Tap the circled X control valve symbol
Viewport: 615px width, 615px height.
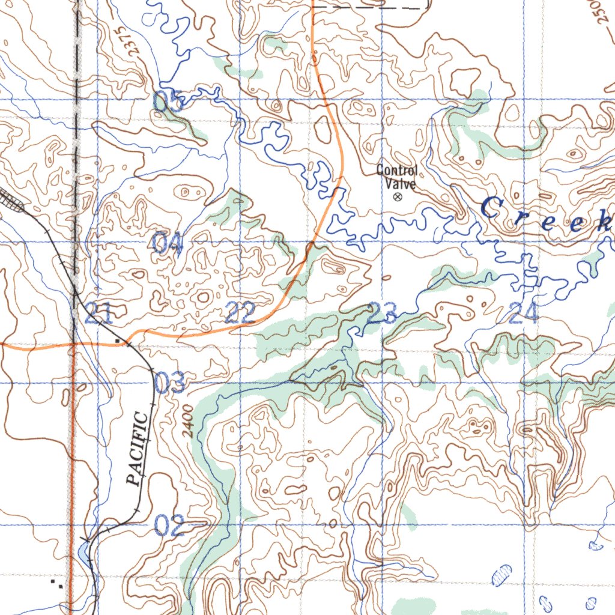(396, 196)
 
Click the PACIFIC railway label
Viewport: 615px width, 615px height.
(138, 448)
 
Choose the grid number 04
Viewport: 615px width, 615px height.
(166, 243)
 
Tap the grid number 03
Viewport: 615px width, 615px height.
(170, 383)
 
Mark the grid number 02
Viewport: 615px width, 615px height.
(169, 526)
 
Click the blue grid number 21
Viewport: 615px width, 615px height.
(98, 314)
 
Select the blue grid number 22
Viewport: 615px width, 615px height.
(240, 314)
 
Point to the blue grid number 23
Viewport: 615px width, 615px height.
(382, 312)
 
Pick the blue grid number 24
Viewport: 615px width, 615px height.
(523, 313)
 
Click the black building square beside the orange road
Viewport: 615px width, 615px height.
(125, 341)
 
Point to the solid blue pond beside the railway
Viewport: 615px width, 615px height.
(83, 550)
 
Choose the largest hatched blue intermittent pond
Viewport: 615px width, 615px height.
(501, 575)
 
